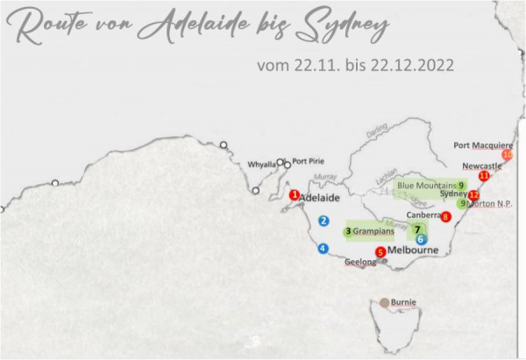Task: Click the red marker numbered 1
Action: pos(295,195)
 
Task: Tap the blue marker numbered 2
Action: pos(323,221)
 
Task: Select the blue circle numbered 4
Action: pos(323,248)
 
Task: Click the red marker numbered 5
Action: pos(380,252)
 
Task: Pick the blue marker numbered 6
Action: pos(422,238)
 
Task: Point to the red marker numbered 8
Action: pos(445,216)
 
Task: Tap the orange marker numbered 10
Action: pos(506,154)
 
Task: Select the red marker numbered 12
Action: pos(473,195)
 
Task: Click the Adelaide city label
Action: pos(319,198)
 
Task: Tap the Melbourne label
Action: pos(412,251)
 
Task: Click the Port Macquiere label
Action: pos(483,145)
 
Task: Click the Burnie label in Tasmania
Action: pos(403,303)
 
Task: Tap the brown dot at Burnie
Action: pos(384,303)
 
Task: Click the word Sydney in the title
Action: pos(342,28)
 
